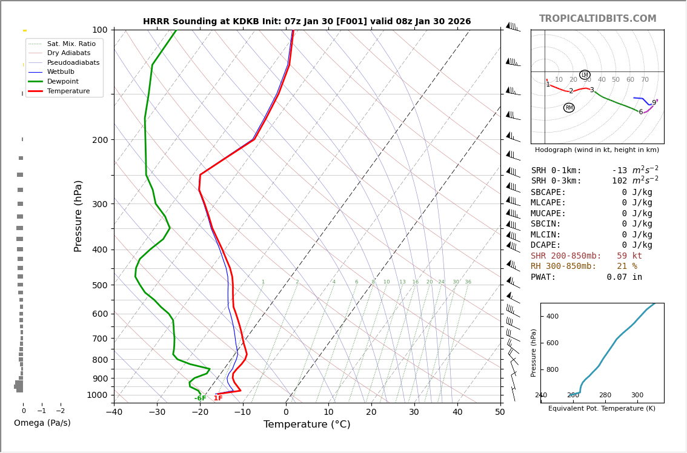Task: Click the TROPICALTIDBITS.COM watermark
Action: (x=597, y=19)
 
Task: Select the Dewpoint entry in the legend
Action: (x=62, y=81)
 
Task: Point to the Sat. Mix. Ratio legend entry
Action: (x=71, y=44)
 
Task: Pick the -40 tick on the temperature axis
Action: (x=114, y=412)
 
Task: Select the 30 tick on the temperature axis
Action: (x=414, y=412)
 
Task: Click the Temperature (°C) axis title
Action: (x=307, y=425)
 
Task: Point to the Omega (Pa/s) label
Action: (x=42, y=423)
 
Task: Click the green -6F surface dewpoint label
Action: (x=200, y=398)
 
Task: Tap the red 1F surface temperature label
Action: (x=218, y=398)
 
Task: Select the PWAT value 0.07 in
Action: (x=624, y=277)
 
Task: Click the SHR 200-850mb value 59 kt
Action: (x=629, y=256)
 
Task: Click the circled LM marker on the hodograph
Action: (x=585, y=75)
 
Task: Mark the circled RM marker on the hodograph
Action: (x=569, y=108)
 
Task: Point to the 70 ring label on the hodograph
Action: (x=645, y=80)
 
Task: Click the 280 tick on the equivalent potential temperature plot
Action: (x=605, y=395)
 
